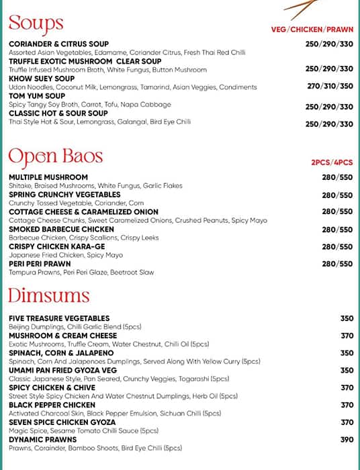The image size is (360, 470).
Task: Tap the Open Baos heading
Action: [55, 156]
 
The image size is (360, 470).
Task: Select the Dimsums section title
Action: [48, 296]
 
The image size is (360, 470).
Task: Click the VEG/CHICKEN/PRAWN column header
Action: [312, 30]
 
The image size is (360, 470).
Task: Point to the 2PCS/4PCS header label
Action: [331, 162]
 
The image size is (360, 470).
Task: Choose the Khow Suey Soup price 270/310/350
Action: [329, 87]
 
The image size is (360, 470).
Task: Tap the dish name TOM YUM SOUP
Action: [38, 96]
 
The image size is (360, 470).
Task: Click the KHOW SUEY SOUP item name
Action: [42, 79]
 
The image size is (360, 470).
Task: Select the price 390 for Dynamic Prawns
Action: [347, 440]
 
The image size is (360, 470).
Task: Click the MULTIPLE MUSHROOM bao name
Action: [48, 177]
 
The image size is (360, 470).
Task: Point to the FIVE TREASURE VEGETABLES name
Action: [59, 318]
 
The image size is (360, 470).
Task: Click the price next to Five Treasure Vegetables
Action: [347, 318]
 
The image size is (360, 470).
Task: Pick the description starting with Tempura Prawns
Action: [81, 273]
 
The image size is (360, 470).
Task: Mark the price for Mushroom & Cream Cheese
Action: [347, 336]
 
